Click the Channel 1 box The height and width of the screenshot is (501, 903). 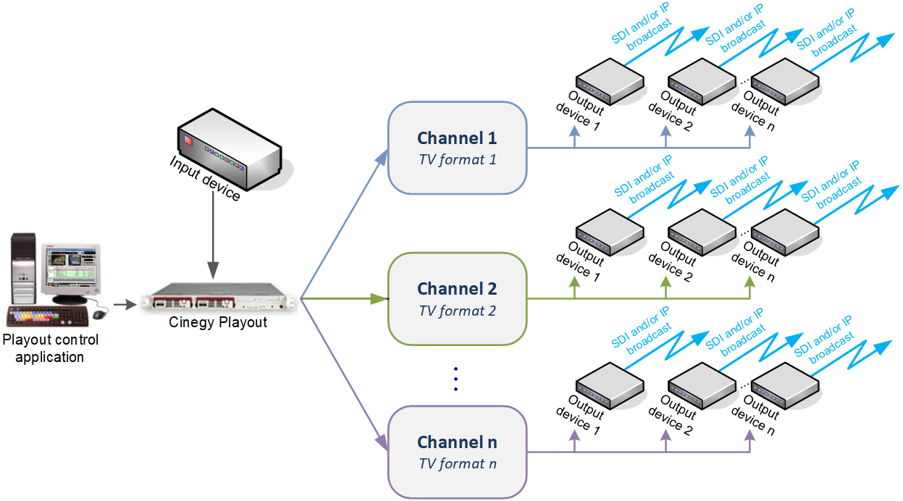coord(457,148)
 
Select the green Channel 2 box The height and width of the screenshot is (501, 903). coord(457,299)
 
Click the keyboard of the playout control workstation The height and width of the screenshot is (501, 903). coord(47,317)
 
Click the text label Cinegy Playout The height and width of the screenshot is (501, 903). coord(218,323)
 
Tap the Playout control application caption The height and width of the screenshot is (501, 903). coord(50,348)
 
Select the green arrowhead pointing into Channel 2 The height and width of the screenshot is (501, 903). coord(379,298)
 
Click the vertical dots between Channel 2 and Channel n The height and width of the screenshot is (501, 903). coord(456,379)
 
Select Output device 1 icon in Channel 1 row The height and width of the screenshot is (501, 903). coord(610,84)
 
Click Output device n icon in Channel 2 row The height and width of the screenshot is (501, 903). coord(785,234)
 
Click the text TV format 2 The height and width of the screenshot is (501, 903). coord(457,311)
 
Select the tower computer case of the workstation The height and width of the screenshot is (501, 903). coord(22,269)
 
